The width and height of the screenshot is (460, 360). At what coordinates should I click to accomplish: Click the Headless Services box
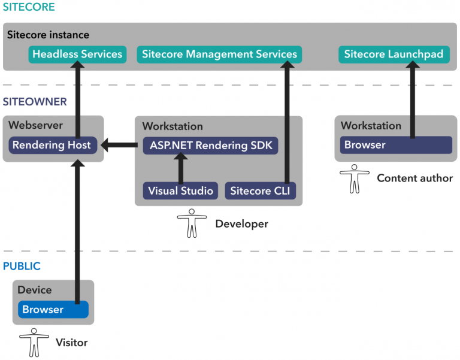(77, 55)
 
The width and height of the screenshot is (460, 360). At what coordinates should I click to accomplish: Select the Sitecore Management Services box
(219, 55)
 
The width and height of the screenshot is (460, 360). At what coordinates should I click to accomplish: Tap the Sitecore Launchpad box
(394, 55)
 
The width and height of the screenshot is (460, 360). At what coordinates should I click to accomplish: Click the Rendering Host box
(52, 145)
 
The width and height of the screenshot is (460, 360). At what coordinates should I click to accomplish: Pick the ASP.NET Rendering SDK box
(210, 145)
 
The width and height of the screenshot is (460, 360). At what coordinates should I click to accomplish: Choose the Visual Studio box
(180, 191)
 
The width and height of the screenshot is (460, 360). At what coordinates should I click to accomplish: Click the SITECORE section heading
(28, 8)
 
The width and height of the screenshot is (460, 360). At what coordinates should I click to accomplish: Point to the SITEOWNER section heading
(35, 102)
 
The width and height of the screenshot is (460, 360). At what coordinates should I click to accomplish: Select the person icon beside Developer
(192, 223)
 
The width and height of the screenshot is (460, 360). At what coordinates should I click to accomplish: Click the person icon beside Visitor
(34, 342)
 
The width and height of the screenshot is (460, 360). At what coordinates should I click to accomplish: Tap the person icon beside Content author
(355, 178)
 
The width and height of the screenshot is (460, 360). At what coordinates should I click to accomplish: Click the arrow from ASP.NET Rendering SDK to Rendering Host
(120, 145)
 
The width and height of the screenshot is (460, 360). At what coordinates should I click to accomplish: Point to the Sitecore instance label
(48, 35)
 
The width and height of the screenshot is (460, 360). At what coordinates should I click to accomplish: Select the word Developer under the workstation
(241, 224)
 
